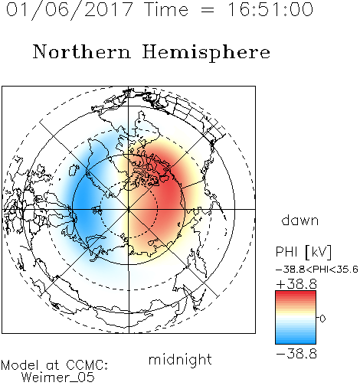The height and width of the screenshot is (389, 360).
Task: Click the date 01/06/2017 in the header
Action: point(69,9)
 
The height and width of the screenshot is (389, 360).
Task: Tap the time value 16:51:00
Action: point(270,9)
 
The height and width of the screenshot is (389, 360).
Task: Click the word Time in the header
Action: point(166,9)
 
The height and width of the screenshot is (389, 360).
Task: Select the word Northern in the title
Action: point(82,51)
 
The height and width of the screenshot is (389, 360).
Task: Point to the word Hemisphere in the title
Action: point(206,53)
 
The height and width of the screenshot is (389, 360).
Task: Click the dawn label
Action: point(300,220)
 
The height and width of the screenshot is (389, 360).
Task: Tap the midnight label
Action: point(180,359)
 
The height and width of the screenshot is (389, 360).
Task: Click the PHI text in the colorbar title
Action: point(286,252)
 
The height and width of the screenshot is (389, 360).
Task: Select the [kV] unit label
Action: point(319,252)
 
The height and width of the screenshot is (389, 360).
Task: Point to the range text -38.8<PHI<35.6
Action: point(317,270)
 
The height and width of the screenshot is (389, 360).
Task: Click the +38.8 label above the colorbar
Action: point(296,284)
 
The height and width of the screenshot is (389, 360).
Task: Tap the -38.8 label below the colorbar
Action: point(296,354)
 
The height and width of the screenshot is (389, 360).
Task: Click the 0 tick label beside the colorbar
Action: point(322,319)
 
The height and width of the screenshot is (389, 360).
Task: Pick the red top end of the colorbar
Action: point(296,293)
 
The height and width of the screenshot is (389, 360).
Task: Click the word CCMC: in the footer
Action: point(87,364)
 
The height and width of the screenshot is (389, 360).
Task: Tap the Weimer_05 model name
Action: point(58,377)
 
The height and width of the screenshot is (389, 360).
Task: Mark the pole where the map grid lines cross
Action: point(129,209)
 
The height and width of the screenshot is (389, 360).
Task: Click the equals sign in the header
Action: point(207,10)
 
